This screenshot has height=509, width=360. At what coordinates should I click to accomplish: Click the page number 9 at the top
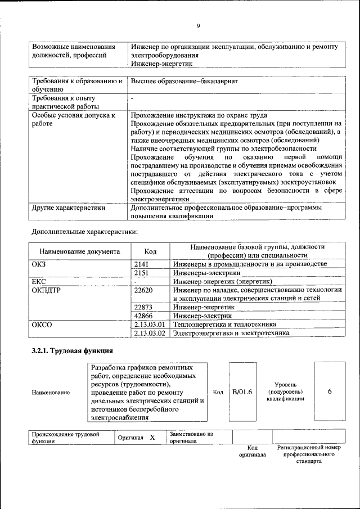tap(199, 26)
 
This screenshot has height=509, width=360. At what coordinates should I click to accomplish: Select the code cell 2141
tap(143, 264)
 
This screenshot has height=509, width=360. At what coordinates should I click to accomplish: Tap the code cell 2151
tap(143, 272)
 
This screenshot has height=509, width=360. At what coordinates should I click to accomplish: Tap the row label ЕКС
tap(39, 281)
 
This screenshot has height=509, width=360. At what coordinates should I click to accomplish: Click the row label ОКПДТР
tap(46, 290)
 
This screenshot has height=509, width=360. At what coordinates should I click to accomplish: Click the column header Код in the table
tap(150, 251)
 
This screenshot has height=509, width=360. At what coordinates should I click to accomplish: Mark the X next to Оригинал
tap(152, 437)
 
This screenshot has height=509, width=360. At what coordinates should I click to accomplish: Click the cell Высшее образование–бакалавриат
tap(184, 82)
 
